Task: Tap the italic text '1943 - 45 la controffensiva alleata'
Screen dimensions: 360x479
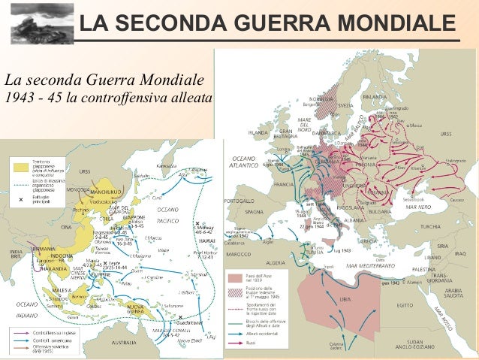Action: pyautogui.click(x=109, y=98)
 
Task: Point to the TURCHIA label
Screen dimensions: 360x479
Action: pyautogui.click(x=430, y=226)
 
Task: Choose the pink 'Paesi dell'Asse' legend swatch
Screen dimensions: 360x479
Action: pyautogui.click(x=233, y=277)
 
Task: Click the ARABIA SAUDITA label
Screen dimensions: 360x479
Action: pyautogui.click(x=455, y=292)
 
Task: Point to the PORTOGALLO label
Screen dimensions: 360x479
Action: pyautogui.click(x=239, y=201)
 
